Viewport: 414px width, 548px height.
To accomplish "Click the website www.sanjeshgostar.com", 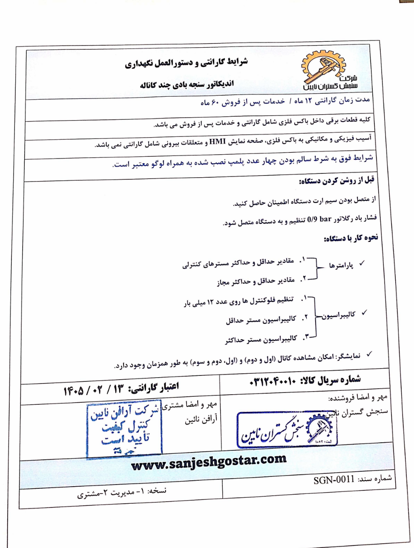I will (209, 462).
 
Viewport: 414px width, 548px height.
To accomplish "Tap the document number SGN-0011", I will (334, 480).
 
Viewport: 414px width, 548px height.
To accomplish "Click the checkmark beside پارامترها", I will (362, 263).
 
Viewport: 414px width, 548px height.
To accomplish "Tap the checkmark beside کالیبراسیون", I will (364, 313).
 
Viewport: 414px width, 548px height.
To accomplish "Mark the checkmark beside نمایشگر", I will (369, 354).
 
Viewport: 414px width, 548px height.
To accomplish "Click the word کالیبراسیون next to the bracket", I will (339, 315).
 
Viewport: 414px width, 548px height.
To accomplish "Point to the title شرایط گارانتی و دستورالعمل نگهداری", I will (186, 63).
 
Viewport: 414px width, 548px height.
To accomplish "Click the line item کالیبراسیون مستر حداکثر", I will (261, 340).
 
